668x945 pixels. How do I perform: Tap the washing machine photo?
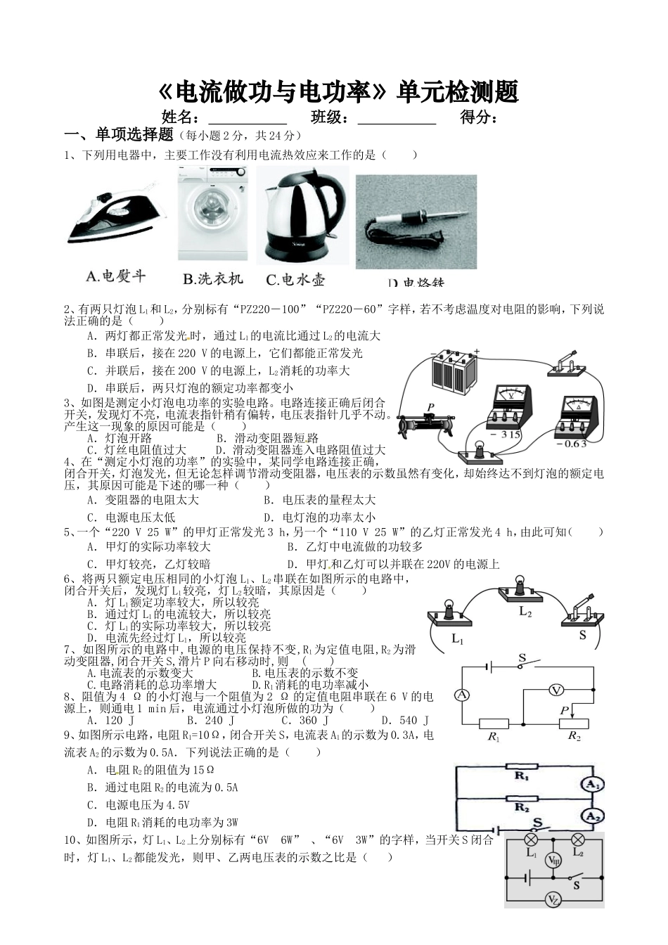[212, 214]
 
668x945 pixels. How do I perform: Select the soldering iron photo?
[416, 221]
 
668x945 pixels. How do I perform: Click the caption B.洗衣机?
[212, 279]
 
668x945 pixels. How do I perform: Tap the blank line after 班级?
[397, 118]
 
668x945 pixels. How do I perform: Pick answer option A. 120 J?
[105, 720]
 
